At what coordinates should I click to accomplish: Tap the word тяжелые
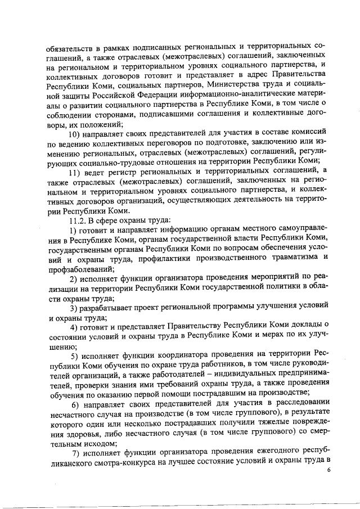point(256,425)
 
